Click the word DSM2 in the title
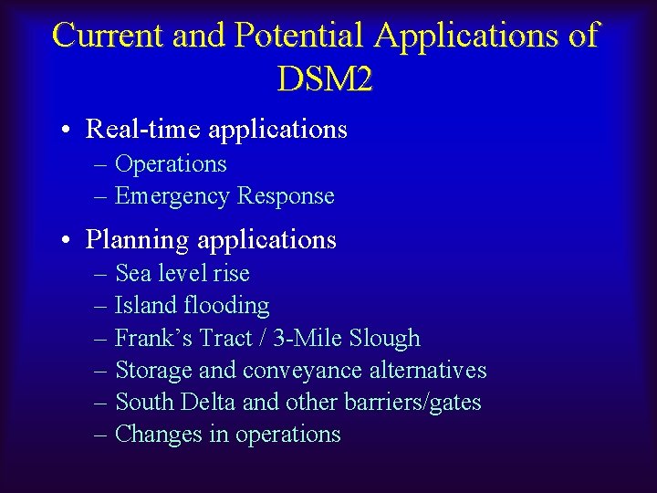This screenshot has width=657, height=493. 324,79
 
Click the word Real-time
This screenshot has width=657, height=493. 144,130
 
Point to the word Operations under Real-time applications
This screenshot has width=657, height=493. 171,164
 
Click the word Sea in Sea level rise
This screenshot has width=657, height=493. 131,274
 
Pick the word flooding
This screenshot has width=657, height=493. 227,306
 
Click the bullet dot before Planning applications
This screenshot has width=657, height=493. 68,241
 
